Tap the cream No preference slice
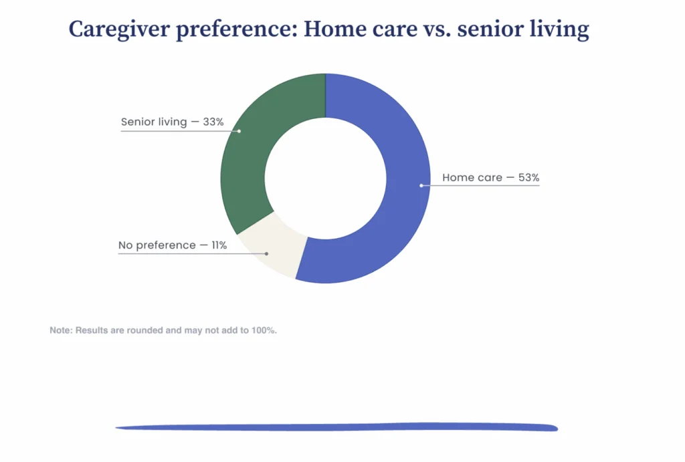tap(271, 247)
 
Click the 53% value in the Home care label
tap(528, 178)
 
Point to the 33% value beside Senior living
tap(213, 122)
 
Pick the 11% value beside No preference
tap(219, 245)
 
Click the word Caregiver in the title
tap(119, 30)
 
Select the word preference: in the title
tap(237, 30)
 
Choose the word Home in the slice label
tap(456, 178)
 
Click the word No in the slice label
tap(125, 245)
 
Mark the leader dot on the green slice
tap(239, 131)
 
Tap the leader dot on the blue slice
tap(421, 186)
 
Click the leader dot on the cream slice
tap(266, 253)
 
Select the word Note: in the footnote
tap(61, 330)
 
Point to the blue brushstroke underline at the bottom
tap(336, 427)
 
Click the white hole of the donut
tap(326, 178)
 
